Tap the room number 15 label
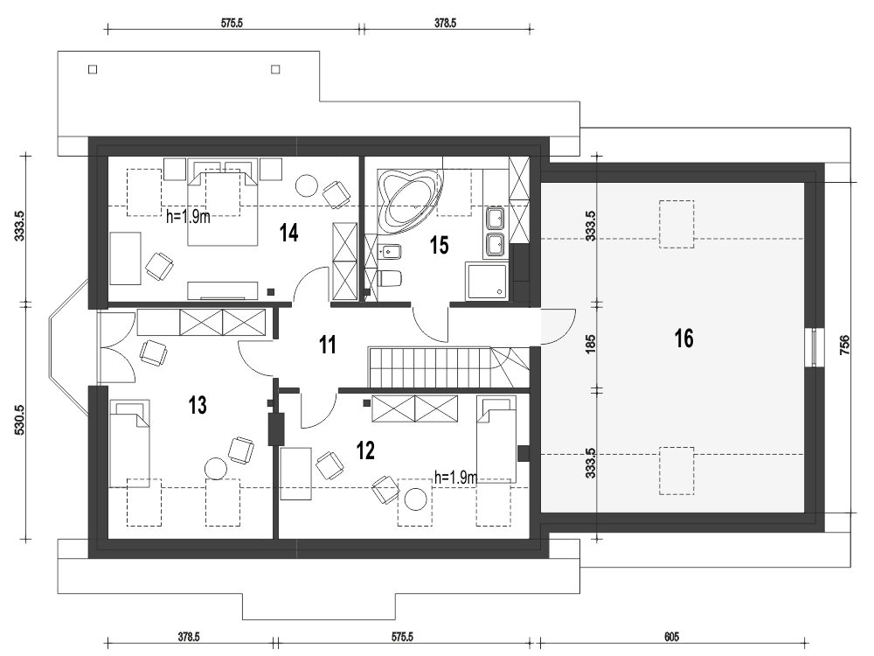(439, 245)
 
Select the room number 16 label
(683, 338)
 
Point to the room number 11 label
(327, 345)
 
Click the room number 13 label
(198, 404)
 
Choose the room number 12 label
(365, 450)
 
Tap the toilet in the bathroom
(389, 279)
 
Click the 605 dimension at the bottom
(671, 637)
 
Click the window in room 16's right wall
(815, 348)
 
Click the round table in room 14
(307, 185)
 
